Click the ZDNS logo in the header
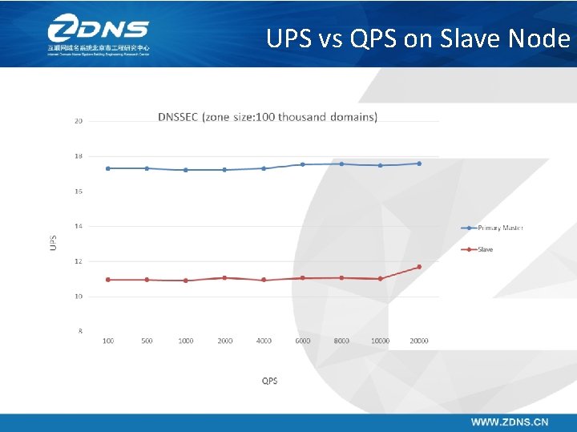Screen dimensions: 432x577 click(98, 35)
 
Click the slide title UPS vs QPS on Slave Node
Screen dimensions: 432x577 click(418, 38)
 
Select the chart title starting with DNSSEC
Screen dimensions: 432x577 click(268, 117)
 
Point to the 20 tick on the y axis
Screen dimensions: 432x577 click(79, 121)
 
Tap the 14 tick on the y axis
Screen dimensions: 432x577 click(79, 226)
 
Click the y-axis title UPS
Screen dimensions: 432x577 click(54, 241)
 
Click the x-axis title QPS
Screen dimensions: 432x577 click(270, 381)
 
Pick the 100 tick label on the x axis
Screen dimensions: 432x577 click(108, 341)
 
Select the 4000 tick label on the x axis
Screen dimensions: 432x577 click(264, 341)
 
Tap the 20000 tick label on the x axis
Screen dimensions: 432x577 click(418, 341)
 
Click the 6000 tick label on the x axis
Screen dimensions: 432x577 click(303, 341)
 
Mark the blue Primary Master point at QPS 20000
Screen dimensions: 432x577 click(419, 164)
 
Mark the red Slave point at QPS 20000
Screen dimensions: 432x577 click(419, 267)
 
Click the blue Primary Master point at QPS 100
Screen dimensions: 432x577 click(108, 168)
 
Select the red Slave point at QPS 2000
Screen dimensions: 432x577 click(224, 278)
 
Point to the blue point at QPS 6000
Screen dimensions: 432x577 click(303, 164)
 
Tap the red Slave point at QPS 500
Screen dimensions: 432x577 click(147, 280)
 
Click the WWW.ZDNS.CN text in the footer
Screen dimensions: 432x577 click(509, 422)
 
